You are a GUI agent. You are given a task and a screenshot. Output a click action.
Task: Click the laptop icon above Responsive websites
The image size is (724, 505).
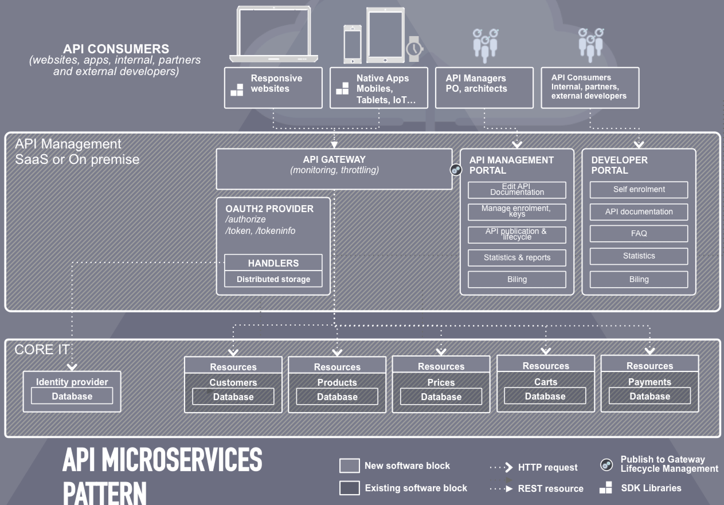click(x=273, y=34)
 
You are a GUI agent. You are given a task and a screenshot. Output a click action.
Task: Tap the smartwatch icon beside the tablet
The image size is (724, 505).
click(x=414, y=49)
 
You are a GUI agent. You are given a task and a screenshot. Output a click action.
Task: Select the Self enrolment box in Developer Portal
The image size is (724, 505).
click(x=639, y=189)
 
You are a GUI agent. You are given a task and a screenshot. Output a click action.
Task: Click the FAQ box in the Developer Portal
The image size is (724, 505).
click(x=639, y=234)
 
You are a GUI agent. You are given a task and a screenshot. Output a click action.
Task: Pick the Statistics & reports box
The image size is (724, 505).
click(x=517, y=258)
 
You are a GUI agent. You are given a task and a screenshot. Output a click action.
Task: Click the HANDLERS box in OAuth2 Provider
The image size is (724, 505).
click(x=273, y=263)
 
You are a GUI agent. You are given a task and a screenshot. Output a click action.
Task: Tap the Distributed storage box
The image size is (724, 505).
click(x=273, y=279)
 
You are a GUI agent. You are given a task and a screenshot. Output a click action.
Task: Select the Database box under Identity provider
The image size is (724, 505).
click(x=72, y=396)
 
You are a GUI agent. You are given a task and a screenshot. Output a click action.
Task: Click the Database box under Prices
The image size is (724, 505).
click(x=441, y=397)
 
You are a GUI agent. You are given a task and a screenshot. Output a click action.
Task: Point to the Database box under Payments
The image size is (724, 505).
click(x=649, y=396)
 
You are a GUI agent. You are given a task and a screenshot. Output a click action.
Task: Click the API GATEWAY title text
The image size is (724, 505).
click(x=334, y=160)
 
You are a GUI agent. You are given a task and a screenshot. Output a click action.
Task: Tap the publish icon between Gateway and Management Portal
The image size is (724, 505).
click(x=456, y=170)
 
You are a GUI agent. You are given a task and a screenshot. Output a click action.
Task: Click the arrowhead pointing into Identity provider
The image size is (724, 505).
click(x=72, y=367)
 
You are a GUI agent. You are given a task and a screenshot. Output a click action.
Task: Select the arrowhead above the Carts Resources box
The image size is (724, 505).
click(x=545, y=351)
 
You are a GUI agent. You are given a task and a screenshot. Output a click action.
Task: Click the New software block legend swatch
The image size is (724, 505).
click(x=349, y=466)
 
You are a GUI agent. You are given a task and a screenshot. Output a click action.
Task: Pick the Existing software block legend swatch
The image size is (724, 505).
click(x=349, y=488)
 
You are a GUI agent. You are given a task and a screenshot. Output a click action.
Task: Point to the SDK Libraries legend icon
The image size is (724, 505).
click(x=606, y=488)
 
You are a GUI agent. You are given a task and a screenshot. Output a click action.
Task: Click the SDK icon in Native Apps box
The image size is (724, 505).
click(x=343, y=89)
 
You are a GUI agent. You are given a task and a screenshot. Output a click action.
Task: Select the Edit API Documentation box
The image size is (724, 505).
click(x=517, y=190)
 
